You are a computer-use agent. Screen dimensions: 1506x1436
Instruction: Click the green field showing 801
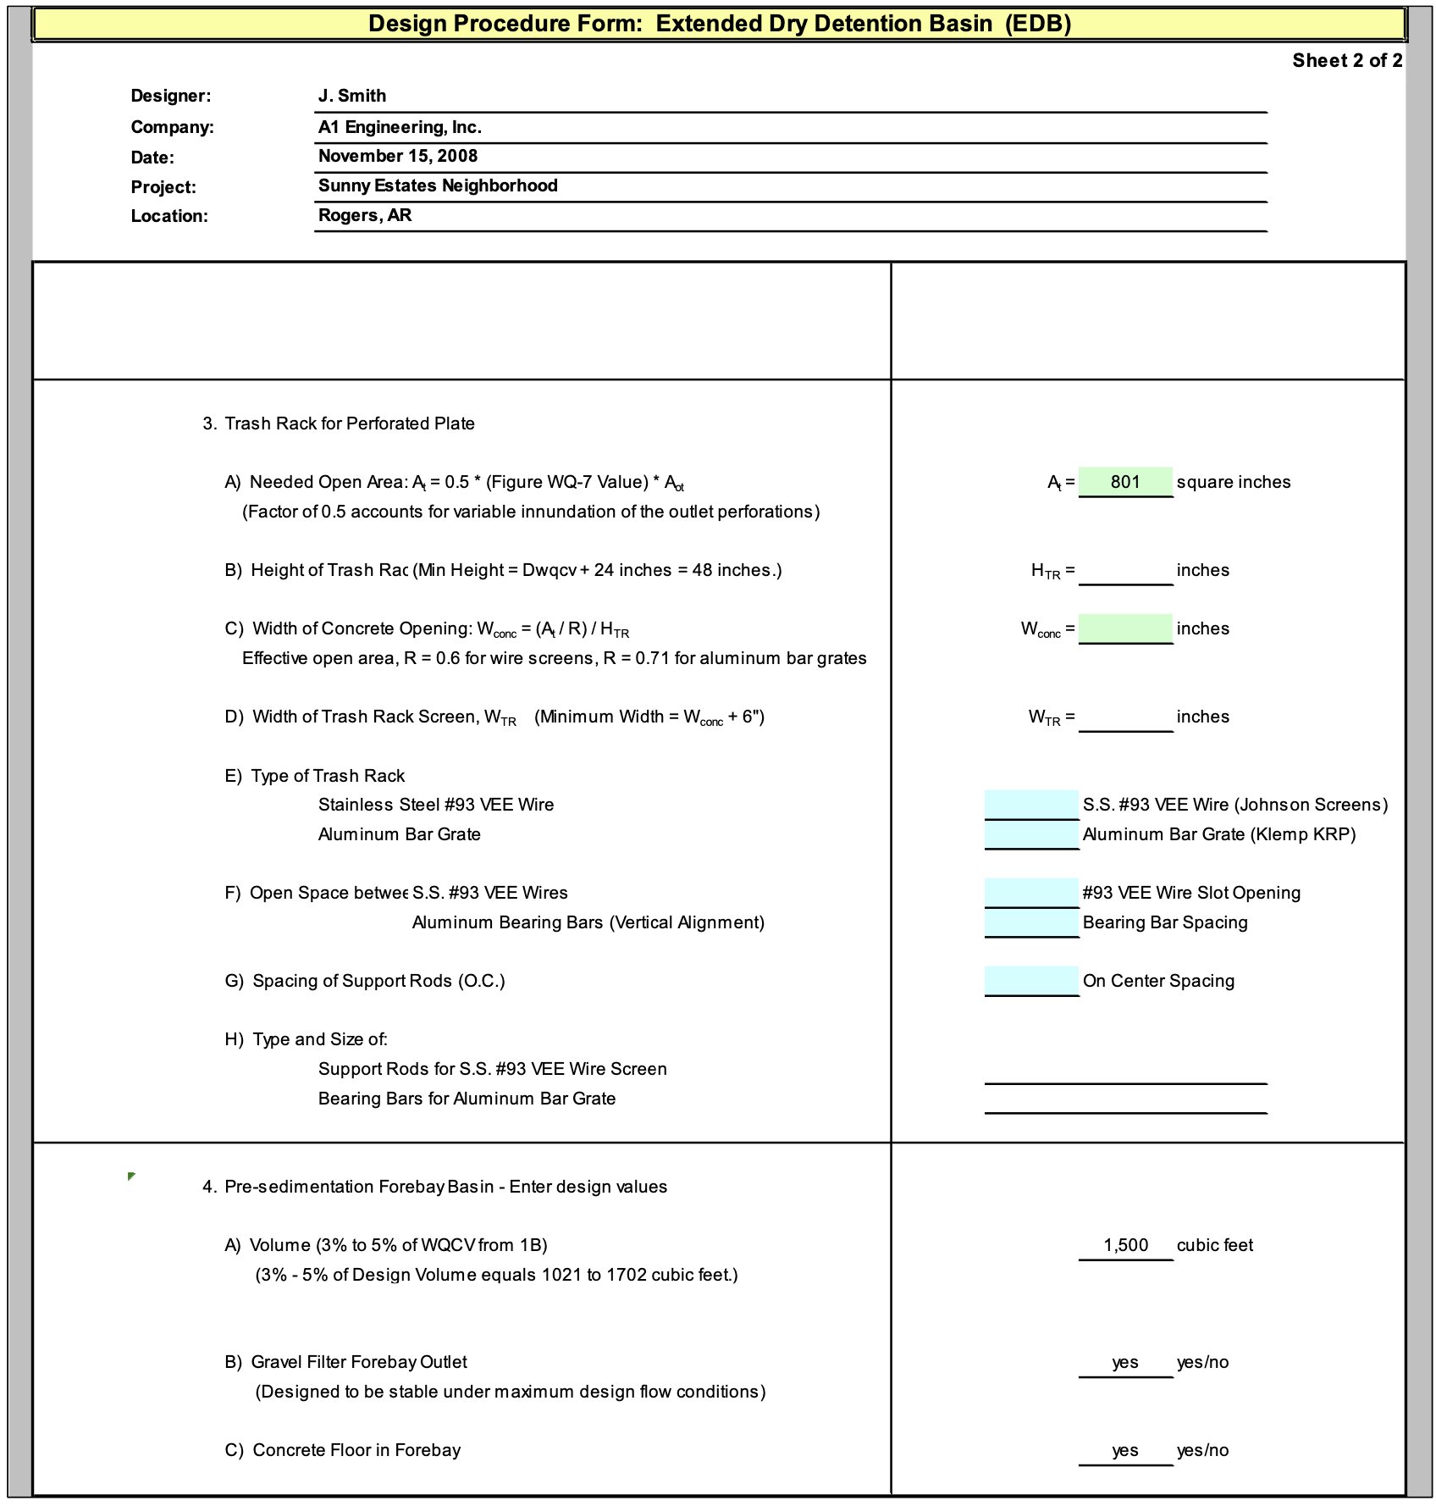click(1125, 482)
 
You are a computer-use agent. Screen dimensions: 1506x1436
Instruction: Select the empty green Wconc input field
click(1125, 628)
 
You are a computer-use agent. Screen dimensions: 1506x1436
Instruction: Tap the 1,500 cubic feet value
click(1125, 1245)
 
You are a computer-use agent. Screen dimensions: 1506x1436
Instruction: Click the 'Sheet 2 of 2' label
click(1346, 60)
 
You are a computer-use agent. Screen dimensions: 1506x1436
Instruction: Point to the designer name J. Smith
click(352, 96)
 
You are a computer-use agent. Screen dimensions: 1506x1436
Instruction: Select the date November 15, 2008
click(398, 156)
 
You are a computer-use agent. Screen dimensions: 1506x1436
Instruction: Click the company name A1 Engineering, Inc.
click(400, 127)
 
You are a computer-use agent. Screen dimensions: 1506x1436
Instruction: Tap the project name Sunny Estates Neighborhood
click(438, 185)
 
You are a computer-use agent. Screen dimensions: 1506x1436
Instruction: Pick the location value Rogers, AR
click(365, 215)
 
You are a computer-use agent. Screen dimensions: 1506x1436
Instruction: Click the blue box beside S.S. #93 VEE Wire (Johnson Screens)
click(1031, 805)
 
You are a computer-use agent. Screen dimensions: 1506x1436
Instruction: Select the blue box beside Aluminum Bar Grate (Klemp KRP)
click(1031, 834)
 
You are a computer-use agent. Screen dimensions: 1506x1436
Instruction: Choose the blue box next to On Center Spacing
click(1031, 981)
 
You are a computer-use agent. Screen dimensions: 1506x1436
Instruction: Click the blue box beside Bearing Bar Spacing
click(1031, 922)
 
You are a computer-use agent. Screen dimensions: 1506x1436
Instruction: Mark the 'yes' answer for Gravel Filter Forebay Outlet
click(1125, 1362)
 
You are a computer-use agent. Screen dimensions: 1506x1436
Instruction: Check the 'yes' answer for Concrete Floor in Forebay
click(1125, 1450)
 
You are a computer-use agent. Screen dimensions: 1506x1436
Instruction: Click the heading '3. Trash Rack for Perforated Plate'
click(339, 424)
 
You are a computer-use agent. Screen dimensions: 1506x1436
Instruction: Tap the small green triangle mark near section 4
click(131, 1177)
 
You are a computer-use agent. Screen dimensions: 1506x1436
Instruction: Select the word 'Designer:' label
click(171, 96)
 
